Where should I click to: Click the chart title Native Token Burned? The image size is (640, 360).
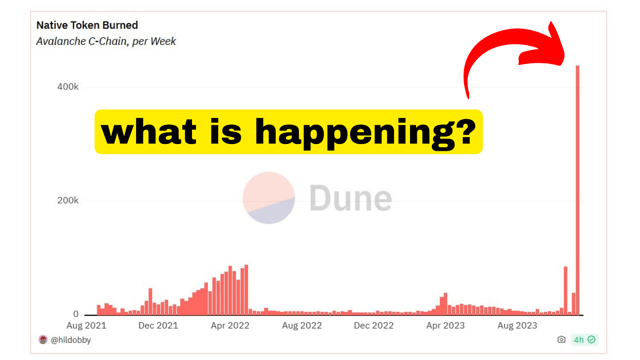pos(87,25)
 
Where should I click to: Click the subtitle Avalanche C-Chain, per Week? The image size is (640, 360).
pos(106,42)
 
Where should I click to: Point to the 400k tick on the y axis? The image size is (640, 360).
pos(68,86)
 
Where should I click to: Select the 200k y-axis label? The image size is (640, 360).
pos(68,200)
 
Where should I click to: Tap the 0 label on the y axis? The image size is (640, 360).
pos(76,314)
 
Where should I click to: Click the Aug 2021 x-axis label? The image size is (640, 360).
pos(86,326)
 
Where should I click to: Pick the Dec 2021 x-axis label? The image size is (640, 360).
pos(158,326)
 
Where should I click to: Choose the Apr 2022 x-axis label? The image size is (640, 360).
pos(230,326)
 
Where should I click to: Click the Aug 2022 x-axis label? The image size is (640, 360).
pos(302,326)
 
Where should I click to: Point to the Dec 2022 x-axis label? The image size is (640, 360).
pos(374,326)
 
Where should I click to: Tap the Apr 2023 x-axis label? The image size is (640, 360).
pos(446,326)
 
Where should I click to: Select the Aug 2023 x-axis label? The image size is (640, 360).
pos(518,326)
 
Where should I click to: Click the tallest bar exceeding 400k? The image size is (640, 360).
pos(578,190)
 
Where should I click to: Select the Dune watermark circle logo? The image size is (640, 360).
pos(268,198)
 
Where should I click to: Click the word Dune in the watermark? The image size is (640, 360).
pos(350,198)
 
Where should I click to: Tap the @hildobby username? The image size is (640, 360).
pos(70,340)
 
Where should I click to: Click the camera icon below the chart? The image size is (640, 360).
pos(562,340)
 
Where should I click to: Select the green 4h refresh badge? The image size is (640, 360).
pos(584,340)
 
